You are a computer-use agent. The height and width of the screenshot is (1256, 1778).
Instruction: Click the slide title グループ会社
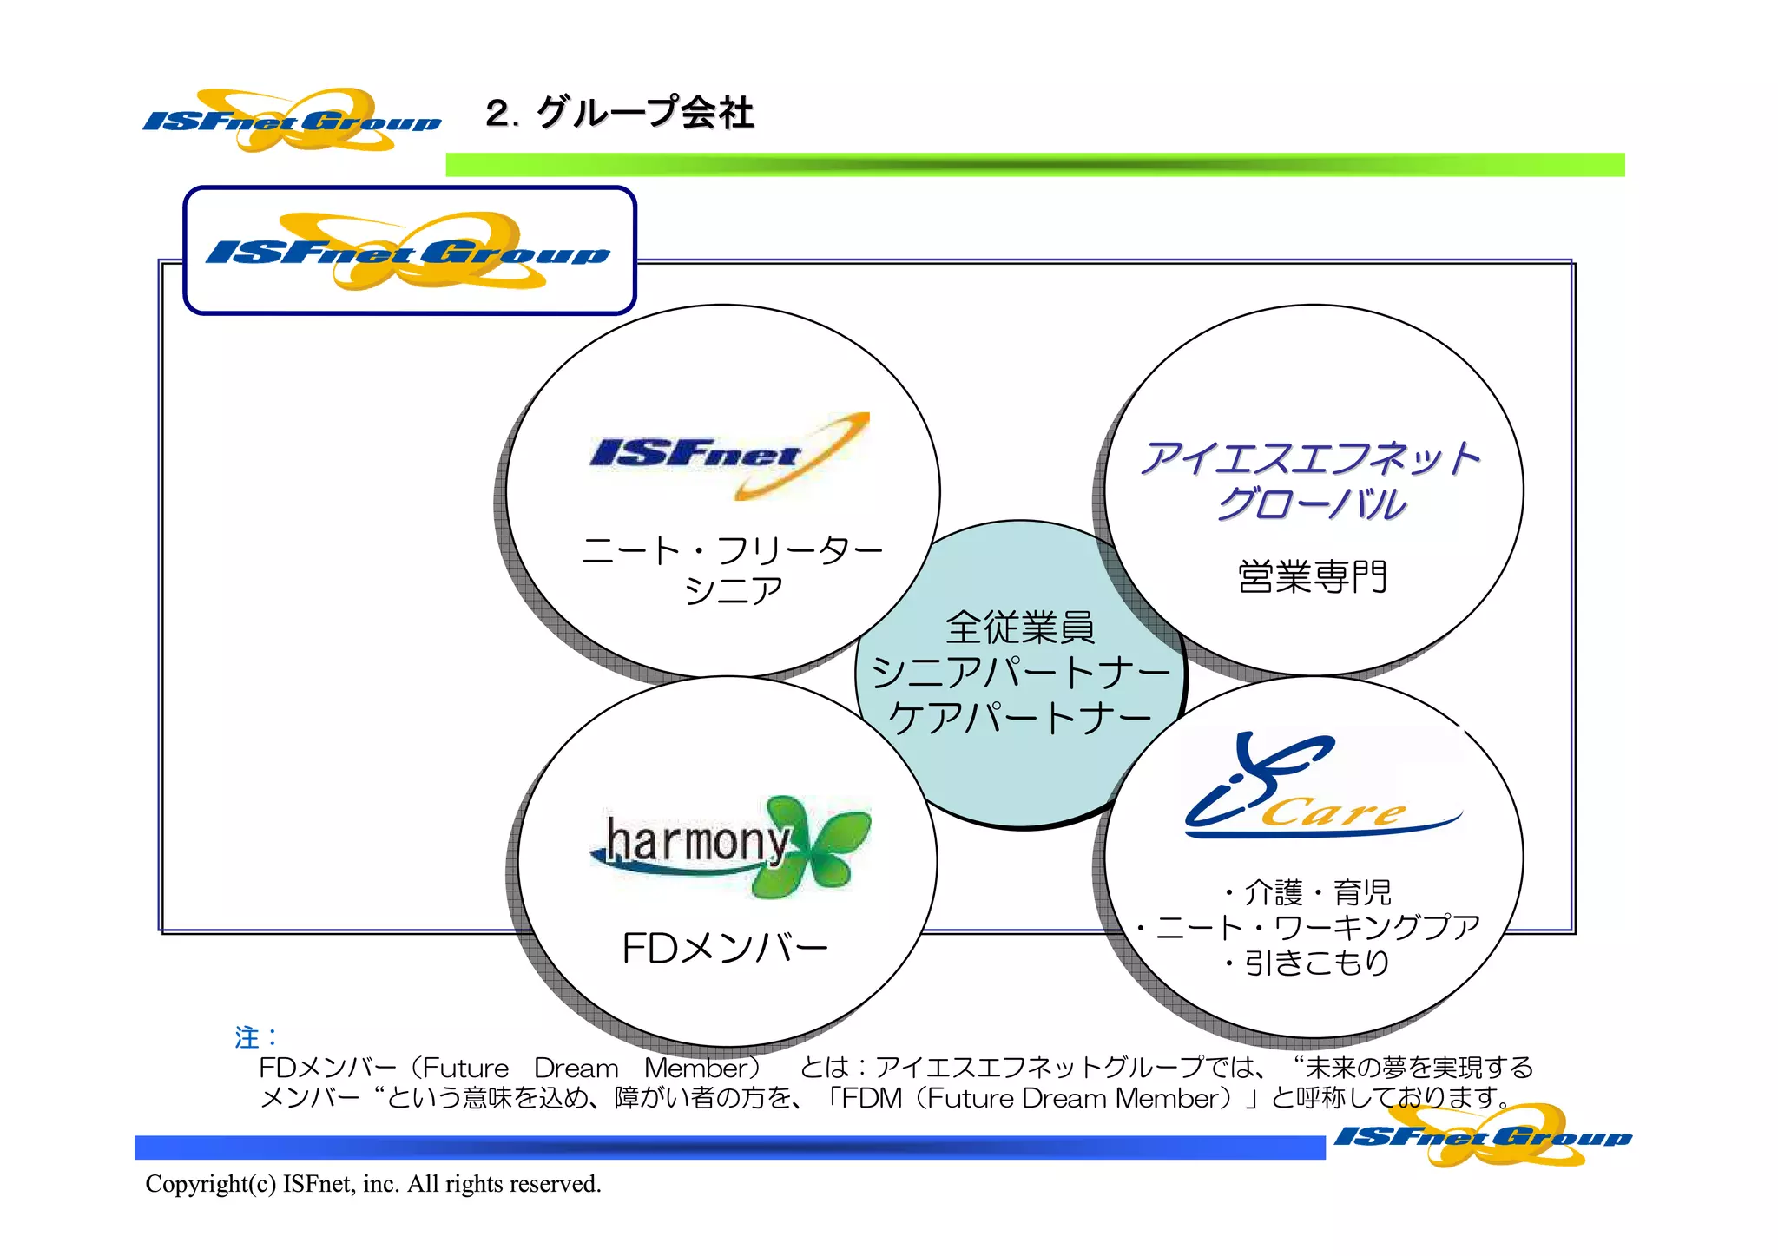[645, 113]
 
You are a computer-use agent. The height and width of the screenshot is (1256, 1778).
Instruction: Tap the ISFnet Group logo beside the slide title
[292, 120]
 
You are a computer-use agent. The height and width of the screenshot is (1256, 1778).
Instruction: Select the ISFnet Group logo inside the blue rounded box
[408, 252]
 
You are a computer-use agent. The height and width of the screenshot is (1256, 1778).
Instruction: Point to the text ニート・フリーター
[732, 550]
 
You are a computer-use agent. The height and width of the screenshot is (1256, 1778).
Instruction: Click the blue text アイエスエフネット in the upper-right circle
[1311, 457]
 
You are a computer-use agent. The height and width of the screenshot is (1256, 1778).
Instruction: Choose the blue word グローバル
[1311, 504]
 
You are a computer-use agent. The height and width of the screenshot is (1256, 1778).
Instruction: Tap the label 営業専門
[1312, 577]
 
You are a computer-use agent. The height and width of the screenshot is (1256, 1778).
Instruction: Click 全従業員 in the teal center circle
[1020, 627]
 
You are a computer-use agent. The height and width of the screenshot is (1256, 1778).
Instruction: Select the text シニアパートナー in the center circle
[1021, 673]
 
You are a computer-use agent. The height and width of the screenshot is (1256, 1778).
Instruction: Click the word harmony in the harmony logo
[697, 841]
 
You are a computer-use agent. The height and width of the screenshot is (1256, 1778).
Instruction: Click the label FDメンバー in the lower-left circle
[725, 948]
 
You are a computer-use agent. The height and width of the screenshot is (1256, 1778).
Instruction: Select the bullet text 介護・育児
[1308, 892]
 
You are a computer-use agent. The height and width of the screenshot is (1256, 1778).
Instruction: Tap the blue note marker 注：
[256, 1037]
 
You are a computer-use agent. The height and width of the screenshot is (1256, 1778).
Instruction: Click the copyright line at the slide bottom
[373, 1184]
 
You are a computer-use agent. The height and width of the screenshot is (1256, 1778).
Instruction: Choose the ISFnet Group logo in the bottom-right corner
[1483, 1136]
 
